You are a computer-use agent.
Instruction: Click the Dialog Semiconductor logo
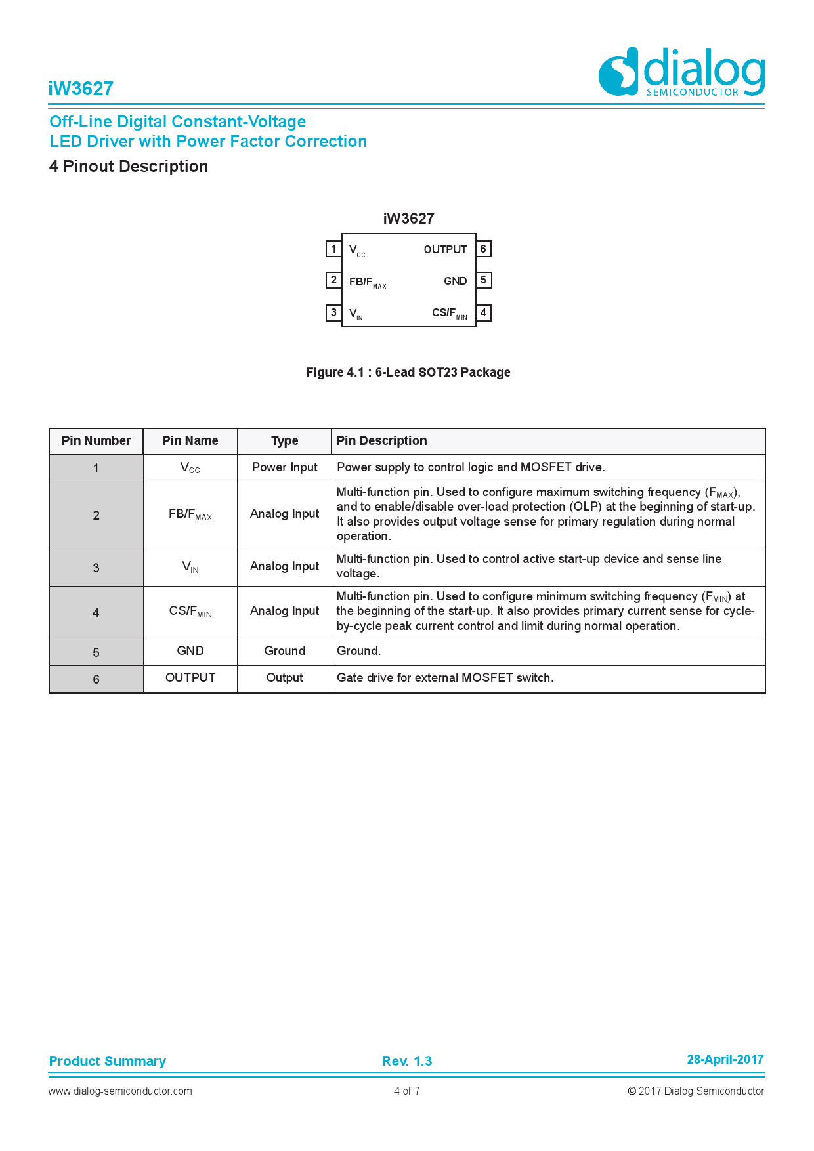click(x=681, y=72)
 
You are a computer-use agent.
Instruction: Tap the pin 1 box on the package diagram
click(x=333, y=249)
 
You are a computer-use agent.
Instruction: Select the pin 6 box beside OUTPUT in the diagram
click(x=483, y=249)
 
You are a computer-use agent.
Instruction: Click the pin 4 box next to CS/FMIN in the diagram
click(x=483, y=312)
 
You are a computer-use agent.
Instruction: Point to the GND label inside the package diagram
click(x=455, y=281)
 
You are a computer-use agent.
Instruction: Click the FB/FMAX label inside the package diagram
click(x=367, y=282)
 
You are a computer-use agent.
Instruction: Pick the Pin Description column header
click(x=381, y=441)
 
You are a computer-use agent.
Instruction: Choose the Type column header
click(x=284, y=441)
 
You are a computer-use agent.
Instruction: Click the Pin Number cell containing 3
click(x=96, y=568)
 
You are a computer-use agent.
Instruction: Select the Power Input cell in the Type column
click(x=284, y=467)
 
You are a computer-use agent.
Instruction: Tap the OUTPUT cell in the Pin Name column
click(x=190, y=678)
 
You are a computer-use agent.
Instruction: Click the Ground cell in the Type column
click(x=284, y=651)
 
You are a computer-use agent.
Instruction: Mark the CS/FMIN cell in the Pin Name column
click(x=190, y=612)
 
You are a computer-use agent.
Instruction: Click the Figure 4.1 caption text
click(x=408, y=373)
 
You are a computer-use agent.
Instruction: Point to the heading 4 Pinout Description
click(x=129, y=167)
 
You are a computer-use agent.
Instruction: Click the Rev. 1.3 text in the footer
click(x=407, y=1061)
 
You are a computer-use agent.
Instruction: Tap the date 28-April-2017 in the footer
click(x=725, y=1059)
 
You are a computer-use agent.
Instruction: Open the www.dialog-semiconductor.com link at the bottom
click(x=120, y=1091)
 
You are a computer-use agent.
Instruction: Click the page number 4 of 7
click(x=406, y=1091)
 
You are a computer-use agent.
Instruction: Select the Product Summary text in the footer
click(x=108, y=1061)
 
